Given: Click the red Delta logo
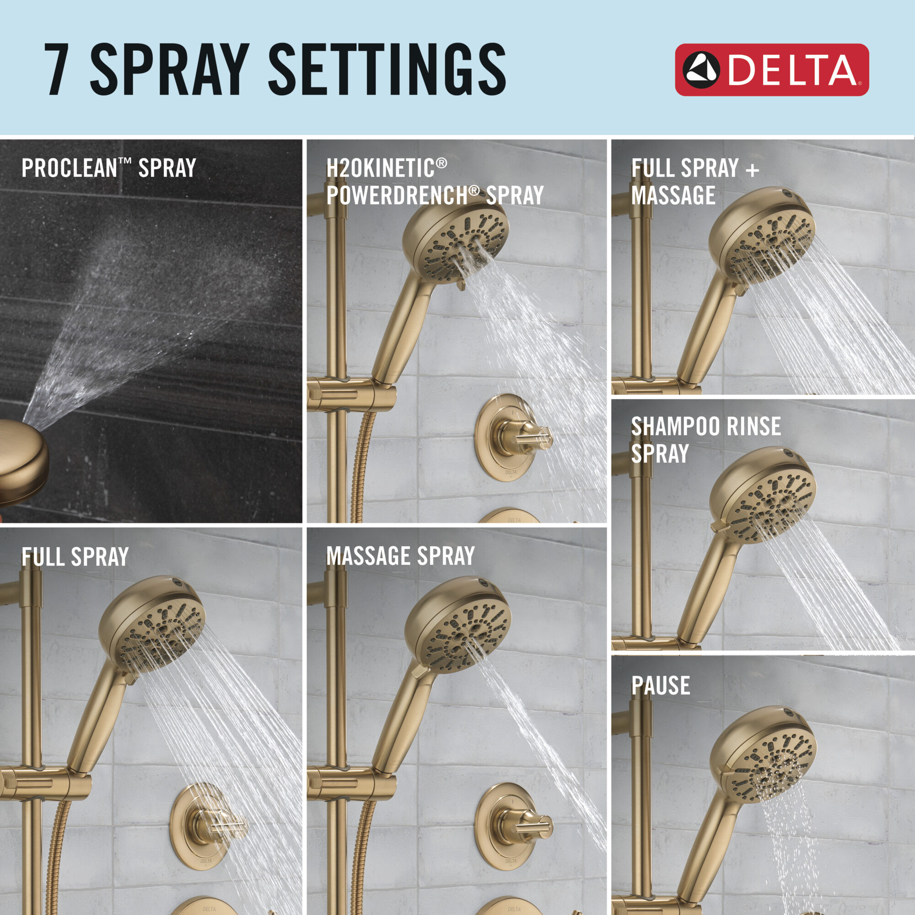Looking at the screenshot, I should (x=771, y=70).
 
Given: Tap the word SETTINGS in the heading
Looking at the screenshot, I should (x=387, y=70).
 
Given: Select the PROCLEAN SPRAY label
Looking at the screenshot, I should (x=108, y=168).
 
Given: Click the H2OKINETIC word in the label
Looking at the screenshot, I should (x=380, y=168).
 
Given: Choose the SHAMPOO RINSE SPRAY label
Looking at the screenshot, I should (x=705, y=440).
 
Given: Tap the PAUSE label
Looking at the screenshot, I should (x=660, y=686).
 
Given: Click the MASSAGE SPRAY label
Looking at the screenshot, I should (x=400, y=556).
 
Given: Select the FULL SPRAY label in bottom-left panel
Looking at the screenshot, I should (x=75, y=557).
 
